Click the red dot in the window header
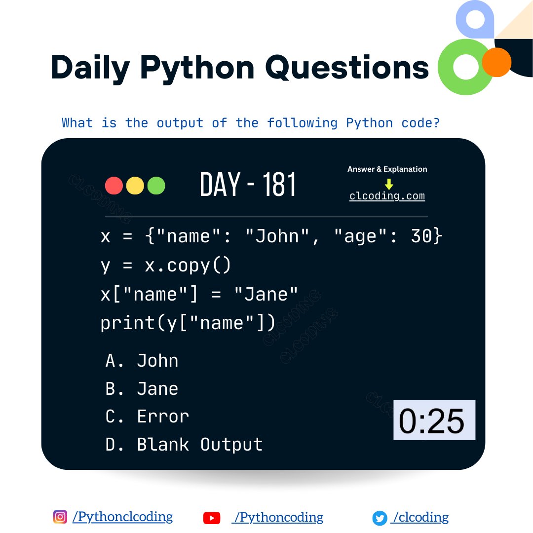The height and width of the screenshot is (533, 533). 114,186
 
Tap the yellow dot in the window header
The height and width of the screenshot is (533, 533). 135,186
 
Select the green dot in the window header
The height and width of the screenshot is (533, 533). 156,186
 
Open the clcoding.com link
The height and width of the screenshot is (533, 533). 387,196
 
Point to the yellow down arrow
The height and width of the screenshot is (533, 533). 389,184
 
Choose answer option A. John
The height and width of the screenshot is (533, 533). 142,361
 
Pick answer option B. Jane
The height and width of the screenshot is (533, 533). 142,389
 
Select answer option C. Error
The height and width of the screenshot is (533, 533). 147,417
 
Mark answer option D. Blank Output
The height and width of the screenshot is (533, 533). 184,445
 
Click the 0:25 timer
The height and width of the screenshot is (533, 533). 434,420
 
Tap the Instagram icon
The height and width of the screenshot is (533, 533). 60,517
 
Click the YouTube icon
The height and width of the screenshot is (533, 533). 211,518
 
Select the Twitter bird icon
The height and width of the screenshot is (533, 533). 380,518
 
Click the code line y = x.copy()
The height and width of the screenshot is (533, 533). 165,266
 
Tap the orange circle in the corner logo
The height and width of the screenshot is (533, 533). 496,62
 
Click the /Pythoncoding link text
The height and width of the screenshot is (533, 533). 279,517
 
